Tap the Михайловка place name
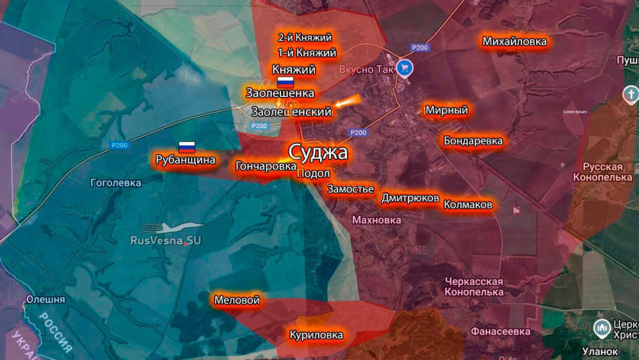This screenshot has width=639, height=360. coord(514,42)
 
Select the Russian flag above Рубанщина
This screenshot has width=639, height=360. coord(186,148)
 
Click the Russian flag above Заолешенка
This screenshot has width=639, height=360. coord(285,83)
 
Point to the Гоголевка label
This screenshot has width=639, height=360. coord(116,183)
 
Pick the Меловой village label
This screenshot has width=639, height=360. coord(237,300)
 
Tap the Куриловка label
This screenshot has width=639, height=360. coord(316,335)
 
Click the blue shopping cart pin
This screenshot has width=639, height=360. coord(405,68)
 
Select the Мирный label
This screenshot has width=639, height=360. coord(446,110)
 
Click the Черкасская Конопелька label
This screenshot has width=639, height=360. coord(474,287)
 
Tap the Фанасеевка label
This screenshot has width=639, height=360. coord(500,332)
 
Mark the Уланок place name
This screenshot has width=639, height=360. coord(600,351)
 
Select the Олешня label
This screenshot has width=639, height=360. coord(45,299)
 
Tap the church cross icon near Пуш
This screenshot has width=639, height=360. coord(630,95)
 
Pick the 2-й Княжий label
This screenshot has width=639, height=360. coord(305,38)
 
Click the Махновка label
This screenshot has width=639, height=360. coord(376,220)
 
